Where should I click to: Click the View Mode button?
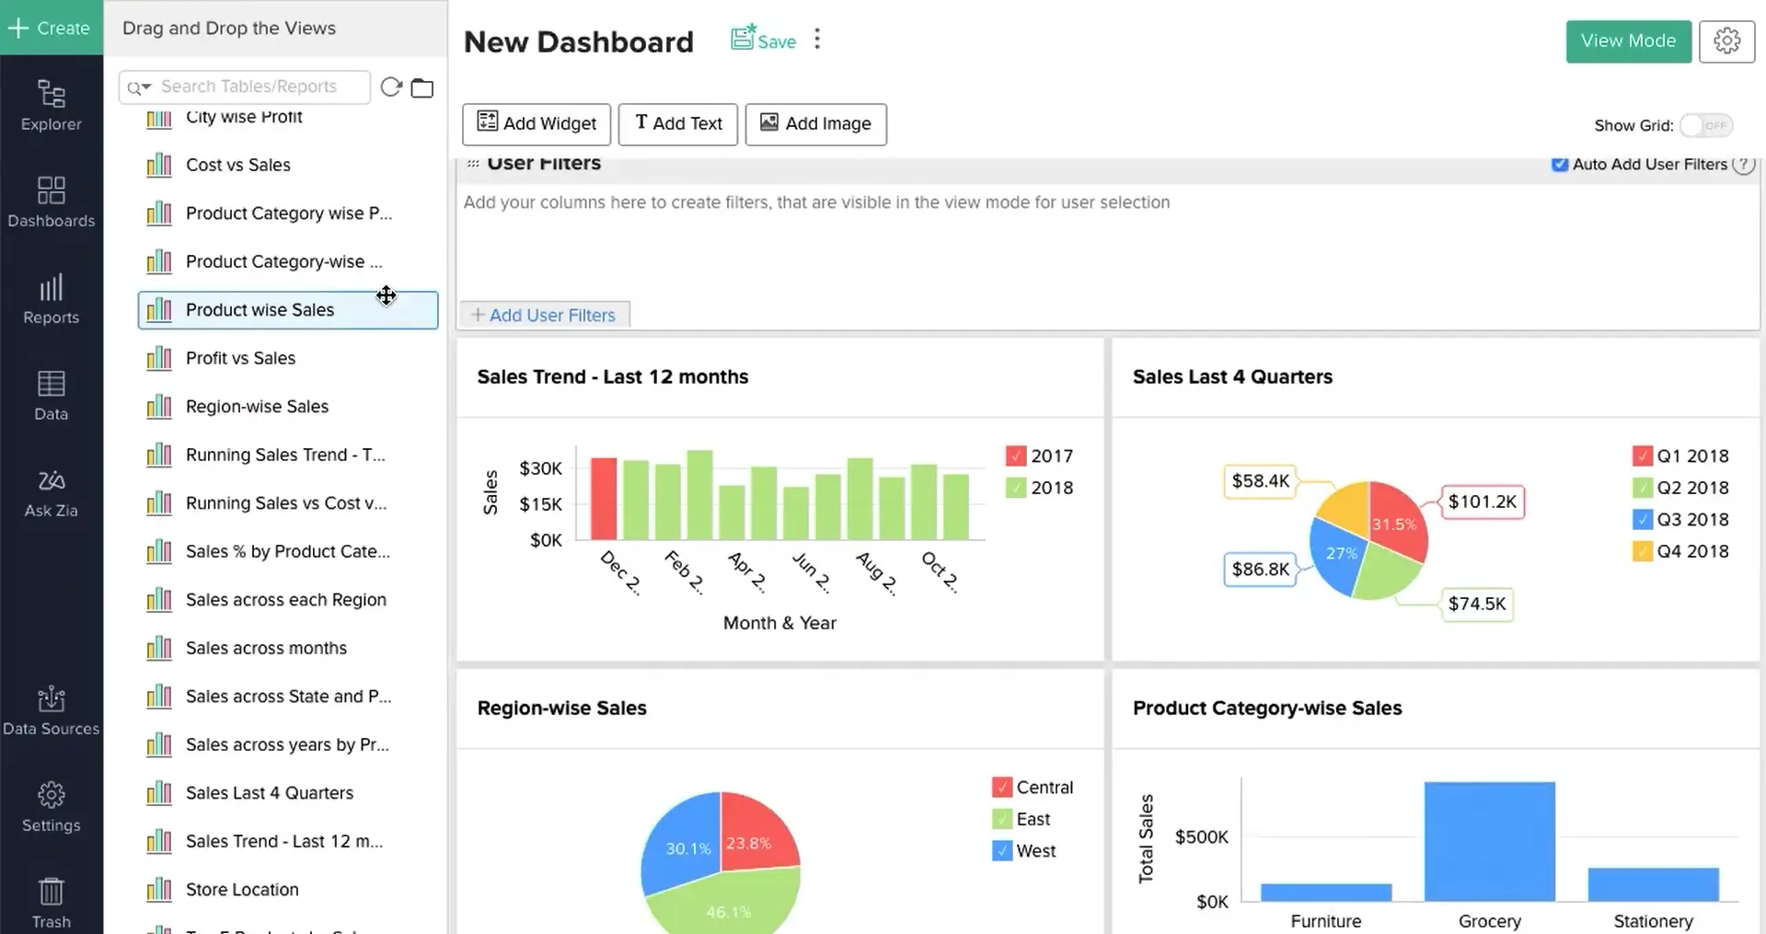[x=1627, y=41]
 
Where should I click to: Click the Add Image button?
[x=815, y=124]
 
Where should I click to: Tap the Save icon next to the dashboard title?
[x=763, y=40]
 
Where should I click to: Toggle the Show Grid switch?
[x=1705, y=126]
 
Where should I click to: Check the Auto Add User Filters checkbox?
[x=1559, y=165]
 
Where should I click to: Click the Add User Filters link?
[x=544, y=316]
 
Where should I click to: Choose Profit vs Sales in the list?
[x=240, y=358]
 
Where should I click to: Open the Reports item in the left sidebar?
[x=52, y=299]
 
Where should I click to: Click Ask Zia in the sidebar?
[x=52, y=492]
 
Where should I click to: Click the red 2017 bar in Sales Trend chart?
[x=604, y=498]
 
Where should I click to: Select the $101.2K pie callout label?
[x=1482, y=502]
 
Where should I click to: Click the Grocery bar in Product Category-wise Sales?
[x=1489, y=841]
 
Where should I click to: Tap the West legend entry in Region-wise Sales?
[x=1024, y=851]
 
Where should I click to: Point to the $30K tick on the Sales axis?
[x=541, y=468]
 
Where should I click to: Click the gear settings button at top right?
[x=1726, y=41]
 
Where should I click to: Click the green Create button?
[x=51, y=29]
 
